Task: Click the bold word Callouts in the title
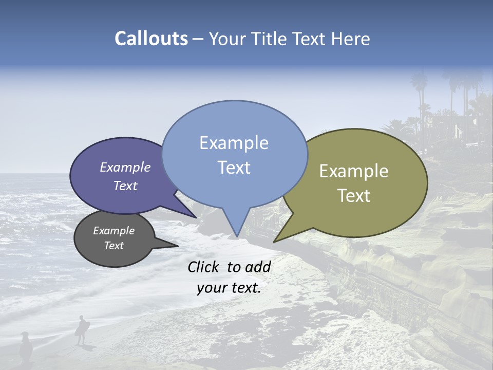click(x=151, y=39)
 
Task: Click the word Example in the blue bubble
click(x=234, y=143)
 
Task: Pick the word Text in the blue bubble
click(x=234, y=168)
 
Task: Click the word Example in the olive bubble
click(x=354, y=171)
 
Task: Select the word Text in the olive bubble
click(x=354, y=196)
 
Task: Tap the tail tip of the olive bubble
click(x=274, y=242)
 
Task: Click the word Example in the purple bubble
click(x=125, y=167)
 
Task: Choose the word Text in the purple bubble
click(x=125, y=186)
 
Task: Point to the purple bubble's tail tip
click(x=197, y=217)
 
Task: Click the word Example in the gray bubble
click(x=113, y=231)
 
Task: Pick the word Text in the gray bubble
click(x=113, y=246)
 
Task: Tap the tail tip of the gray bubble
click(x=178, y=246)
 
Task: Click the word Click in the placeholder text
click(x=204, y=267)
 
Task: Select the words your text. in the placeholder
click(x=229, y=288)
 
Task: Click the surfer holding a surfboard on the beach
click(x=81, y=329)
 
